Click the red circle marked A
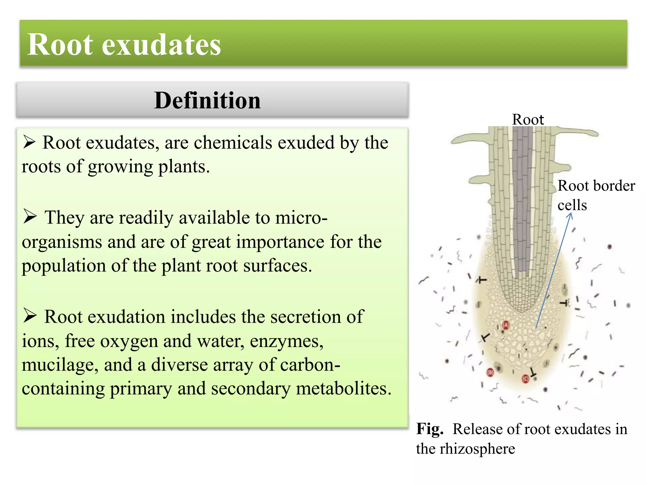[506, 325]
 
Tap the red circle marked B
[490, 373]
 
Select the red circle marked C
[525, 379]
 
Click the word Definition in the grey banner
[207, 100]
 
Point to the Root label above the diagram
[528, 119]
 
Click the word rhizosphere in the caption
[477, 449]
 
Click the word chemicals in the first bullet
[233, 142]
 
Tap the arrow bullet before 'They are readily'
[30, 217]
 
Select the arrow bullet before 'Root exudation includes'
[30, 315]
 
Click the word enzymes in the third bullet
[287, 341]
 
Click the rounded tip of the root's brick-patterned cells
[522, 308]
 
